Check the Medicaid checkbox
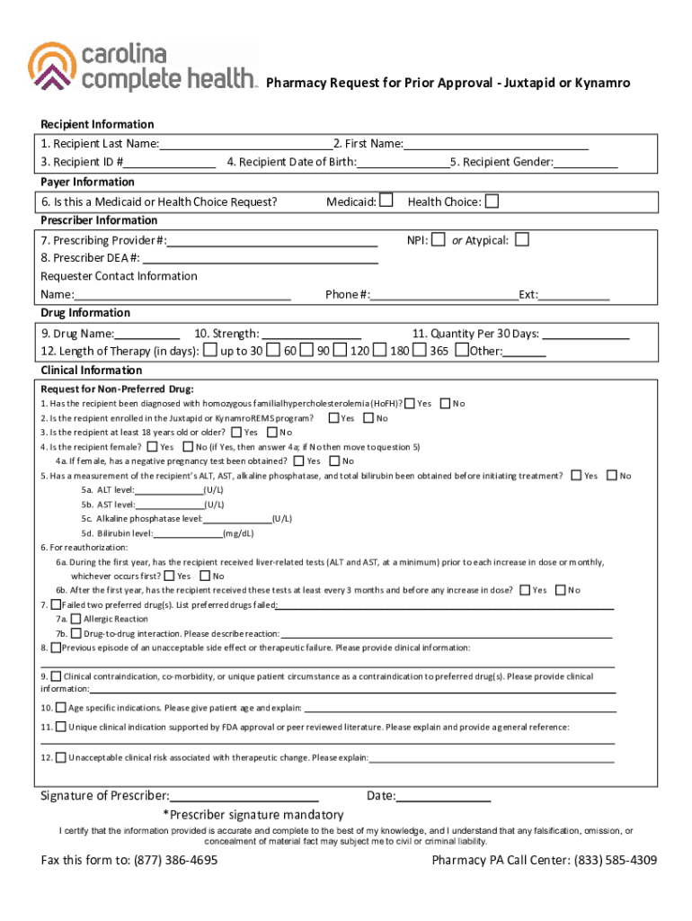(x=386, y=201)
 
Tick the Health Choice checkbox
(x=492, y=201)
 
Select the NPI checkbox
(x=438, y=239)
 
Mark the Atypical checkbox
(x=522, y=239)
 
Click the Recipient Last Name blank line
(x=245, y=145)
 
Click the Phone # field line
(x=444, y=296)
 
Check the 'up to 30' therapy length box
(x=210, y=350)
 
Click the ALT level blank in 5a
(x=169, y=491)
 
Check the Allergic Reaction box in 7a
(x=75, y=619)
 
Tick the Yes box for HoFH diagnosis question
(x=410, y=403)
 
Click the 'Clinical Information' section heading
(x=92, y=371)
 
